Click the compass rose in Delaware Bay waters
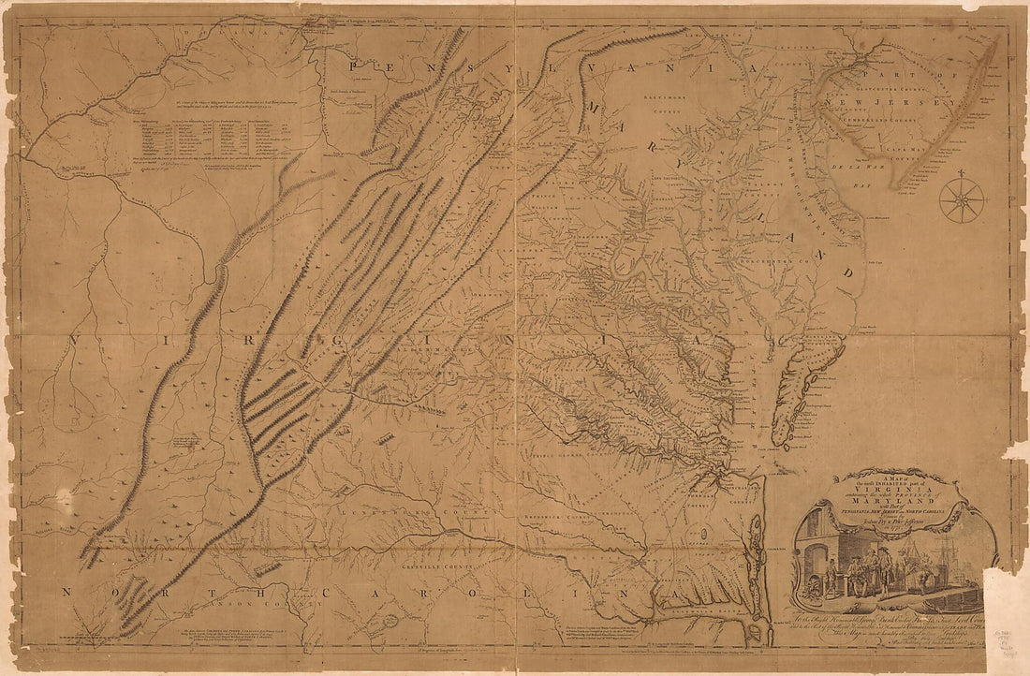(x=962, y=199)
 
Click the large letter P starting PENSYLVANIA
(x=355, y=66)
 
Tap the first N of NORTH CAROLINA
(x=66, y=592)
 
